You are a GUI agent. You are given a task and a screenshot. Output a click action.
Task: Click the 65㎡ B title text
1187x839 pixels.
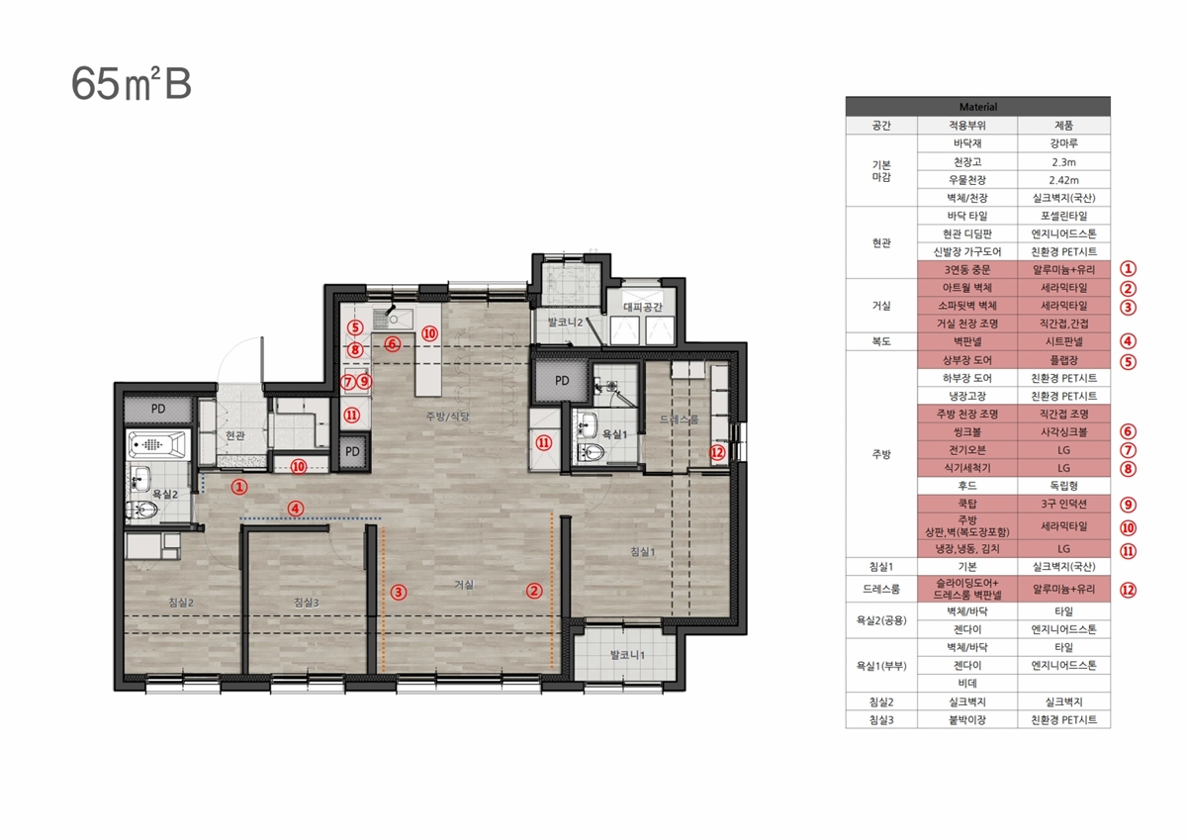[x=131, y=84]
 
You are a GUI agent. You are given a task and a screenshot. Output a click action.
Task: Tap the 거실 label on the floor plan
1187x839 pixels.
[x=464, y=584]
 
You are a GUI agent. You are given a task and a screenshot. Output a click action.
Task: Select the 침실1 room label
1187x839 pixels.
[x=643, y=552]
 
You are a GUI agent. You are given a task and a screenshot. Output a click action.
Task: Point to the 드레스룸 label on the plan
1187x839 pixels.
[x=679, y=419]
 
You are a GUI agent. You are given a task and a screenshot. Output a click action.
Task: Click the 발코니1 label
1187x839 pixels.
[x=627, y=655]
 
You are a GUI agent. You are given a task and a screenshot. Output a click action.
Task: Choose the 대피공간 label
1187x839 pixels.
[x=643, y=307]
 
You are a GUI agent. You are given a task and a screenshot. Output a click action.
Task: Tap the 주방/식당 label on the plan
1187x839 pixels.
[x=448, y=417]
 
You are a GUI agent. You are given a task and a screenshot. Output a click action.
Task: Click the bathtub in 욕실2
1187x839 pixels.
[x=157, y=444]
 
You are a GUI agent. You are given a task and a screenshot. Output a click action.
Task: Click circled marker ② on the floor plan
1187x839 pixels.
[x=533, y=591]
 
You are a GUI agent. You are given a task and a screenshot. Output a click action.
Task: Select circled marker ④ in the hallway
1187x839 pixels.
[x=296, y=509]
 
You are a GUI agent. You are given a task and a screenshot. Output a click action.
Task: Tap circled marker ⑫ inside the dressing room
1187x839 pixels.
[x=717, y=452]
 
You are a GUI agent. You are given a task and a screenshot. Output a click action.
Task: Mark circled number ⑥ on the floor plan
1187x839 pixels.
[x=392, y=344]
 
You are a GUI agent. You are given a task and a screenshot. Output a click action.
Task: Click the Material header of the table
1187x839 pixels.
[x=977, y=107]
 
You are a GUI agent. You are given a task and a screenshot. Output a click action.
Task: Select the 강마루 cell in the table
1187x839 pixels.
[x=1063, y=143]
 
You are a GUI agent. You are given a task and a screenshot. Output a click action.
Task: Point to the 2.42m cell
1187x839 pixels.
[x=1063, y=180]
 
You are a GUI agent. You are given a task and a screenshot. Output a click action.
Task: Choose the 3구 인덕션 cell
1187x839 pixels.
[x=1063, y=504]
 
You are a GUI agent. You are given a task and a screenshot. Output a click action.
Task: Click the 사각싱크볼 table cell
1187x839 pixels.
[x=1063, y=432]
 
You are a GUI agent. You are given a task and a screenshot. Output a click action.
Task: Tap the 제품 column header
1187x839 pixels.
[x=1063, y=125]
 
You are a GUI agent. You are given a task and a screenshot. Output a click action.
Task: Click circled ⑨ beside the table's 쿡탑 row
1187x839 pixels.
[x=1128, y=504]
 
